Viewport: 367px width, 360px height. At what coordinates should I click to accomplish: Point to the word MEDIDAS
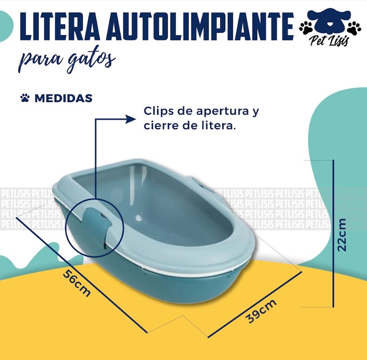[63, 98]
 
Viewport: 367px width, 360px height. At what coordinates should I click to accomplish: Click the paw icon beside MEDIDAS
[25, 98]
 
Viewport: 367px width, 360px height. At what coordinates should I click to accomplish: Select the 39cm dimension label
[261, 311]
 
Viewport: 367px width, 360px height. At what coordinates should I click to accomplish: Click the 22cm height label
[343, 235]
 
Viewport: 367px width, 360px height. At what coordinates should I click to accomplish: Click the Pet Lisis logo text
[329, 41]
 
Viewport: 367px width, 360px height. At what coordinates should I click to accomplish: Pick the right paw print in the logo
[354, 27]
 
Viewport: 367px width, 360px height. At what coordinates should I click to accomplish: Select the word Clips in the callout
[156, 112]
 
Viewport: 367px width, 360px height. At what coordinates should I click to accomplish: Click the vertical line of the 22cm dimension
[333, 233]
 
